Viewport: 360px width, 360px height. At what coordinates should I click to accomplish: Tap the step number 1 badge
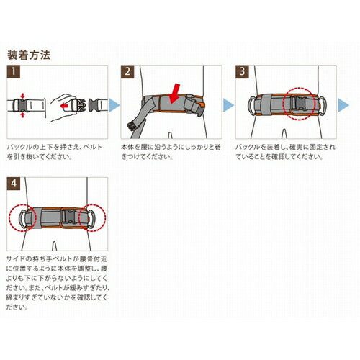tap(13, 71)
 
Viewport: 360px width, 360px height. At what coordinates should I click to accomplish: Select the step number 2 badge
tap(128, 71)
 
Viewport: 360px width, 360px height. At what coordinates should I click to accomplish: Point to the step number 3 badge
tap(243, 71)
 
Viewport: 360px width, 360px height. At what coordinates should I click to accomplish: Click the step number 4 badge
tap(13, 184)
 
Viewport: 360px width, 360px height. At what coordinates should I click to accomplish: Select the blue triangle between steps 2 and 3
tap(229, 104)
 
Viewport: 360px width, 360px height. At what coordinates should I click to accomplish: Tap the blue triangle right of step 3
tap(344, 104)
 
